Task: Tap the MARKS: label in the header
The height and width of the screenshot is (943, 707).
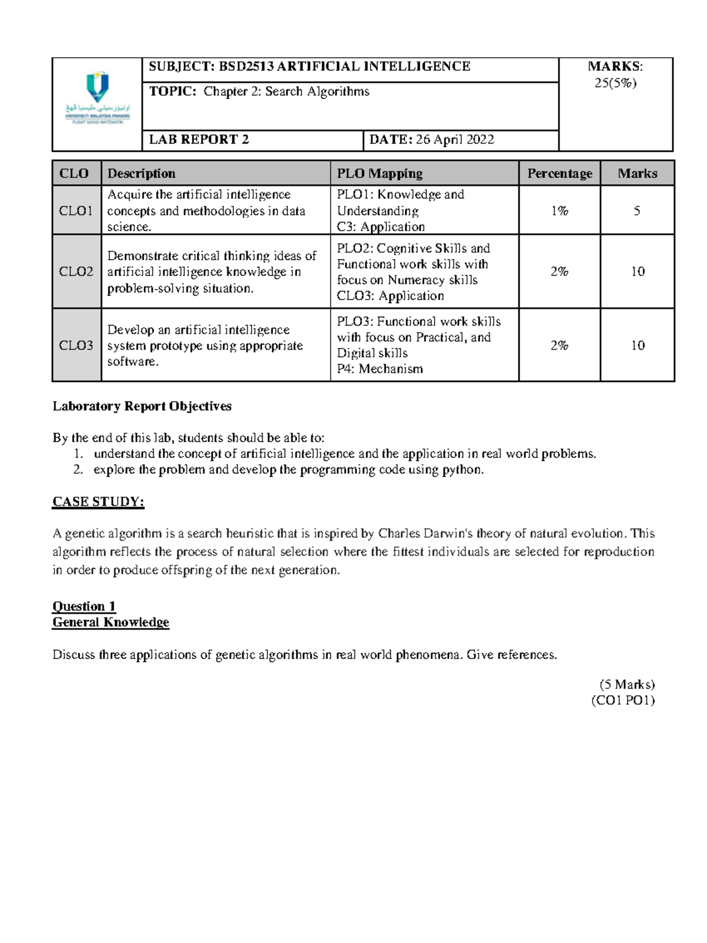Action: pyautogui.click(x=615, y=67)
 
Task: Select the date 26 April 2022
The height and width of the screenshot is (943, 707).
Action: pyautogui.click(x=455, y=140)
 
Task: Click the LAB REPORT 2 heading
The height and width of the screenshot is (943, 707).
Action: pyautogui.click(x=199, y=140)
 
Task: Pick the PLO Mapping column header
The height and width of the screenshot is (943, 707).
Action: pyautogui.click(x=379, y=174)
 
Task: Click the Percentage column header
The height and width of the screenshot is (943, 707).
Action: pyautogui.click(x=559, y=174)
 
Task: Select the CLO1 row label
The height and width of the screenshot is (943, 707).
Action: pyautogui.click(x=76, y=211)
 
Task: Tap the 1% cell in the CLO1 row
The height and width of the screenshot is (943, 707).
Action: pyautogui.click(x=559, y=211)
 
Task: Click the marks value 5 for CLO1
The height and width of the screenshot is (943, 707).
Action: pyautogui.click(x=637, y=211)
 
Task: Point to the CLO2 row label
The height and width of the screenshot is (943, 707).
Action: pyautogui.click(x=76, y=271)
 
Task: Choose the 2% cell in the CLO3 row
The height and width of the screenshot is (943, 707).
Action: pyautogui.click(x=559, y=346)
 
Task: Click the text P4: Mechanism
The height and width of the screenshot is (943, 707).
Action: pyautogui.click(x=379, y=369)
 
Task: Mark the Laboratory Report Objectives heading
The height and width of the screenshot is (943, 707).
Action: pyautogui.click(x=142, y=406)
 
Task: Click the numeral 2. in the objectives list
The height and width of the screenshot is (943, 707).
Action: pyautogui.click(x=78, y=470)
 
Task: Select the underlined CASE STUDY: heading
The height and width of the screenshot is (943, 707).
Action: pyautogui.click(x=98, y=502)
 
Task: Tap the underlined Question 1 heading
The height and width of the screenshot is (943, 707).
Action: pyautogui.click(x=84, y=606)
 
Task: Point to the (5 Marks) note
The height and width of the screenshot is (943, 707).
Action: pyautogui.click(x=627, y=685)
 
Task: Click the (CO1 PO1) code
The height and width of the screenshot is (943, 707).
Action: pyautogui.click(x=623, y=700)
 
